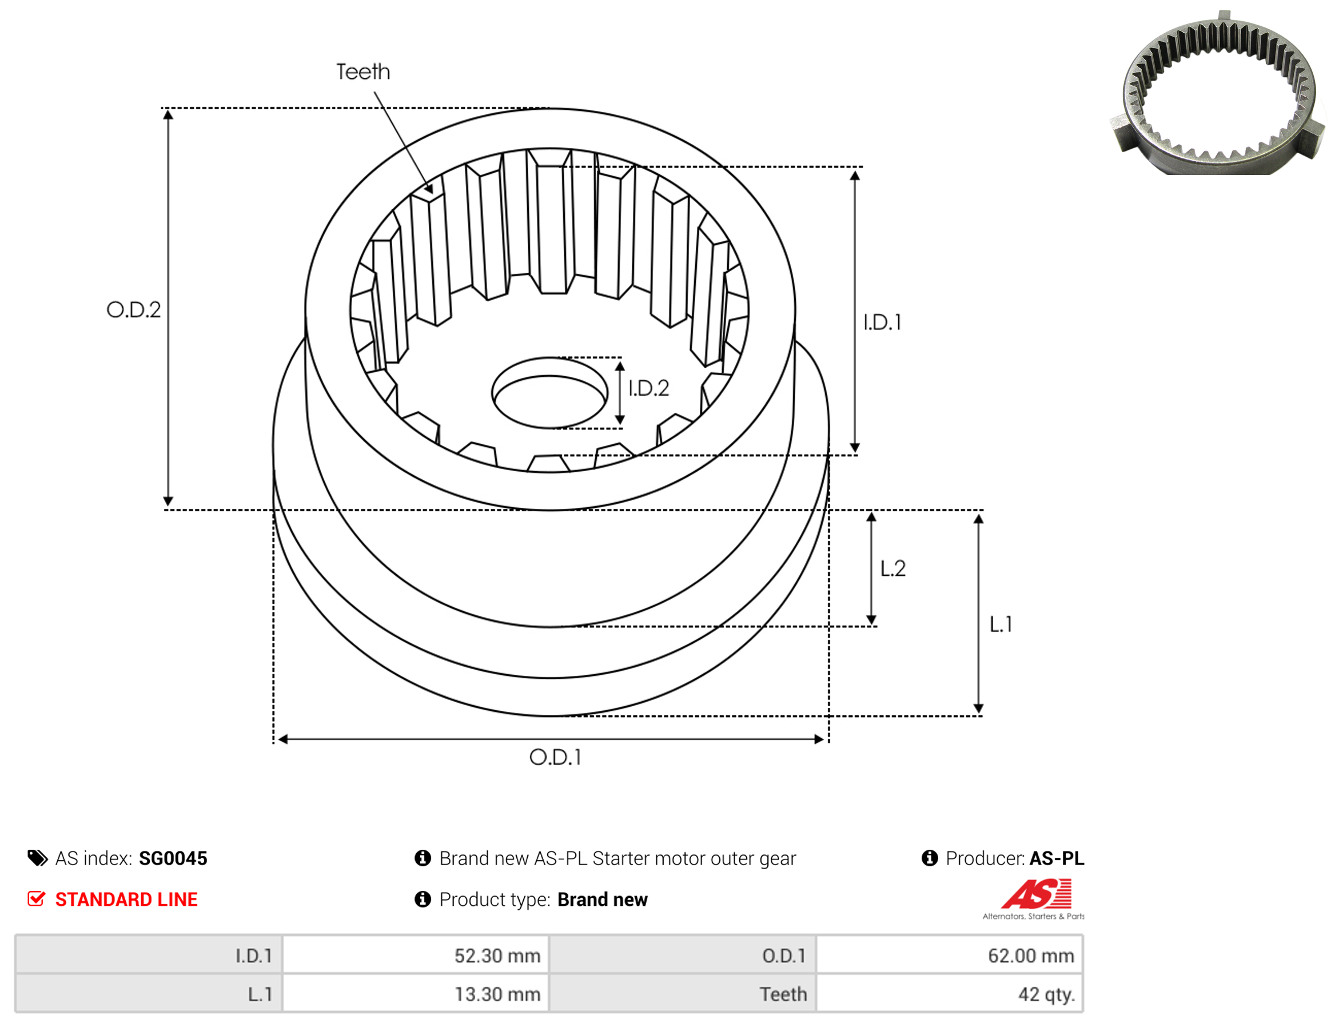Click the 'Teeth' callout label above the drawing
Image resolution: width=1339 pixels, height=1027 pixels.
click(362, 71)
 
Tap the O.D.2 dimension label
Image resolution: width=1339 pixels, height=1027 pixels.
click(133, 309)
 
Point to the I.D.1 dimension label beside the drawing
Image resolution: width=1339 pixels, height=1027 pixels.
click(883, 322)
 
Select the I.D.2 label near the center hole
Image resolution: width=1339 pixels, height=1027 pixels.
click(648, 388)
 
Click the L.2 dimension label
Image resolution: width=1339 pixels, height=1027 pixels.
click(892, 568)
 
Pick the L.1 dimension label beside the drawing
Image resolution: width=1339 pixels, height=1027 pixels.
click(1001, 624)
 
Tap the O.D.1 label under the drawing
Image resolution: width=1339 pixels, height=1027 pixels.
click(555, 758)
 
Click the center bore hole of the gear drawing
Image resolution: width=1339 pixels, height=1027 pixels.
click(549, 393)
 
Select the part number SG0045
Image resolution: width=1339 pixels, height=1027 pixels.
click(173, 858)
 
